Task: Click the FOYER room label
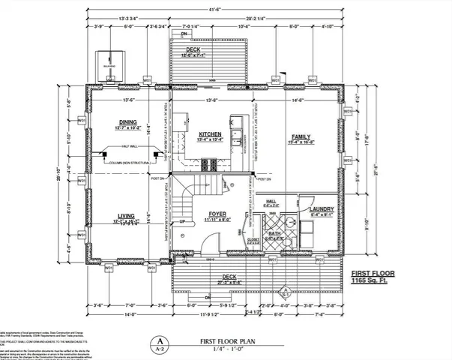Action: (x=217, y=215)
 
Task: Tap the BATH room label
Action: (x=274, y=233)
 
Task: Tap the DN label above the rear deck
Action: (x=184, y=34)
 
